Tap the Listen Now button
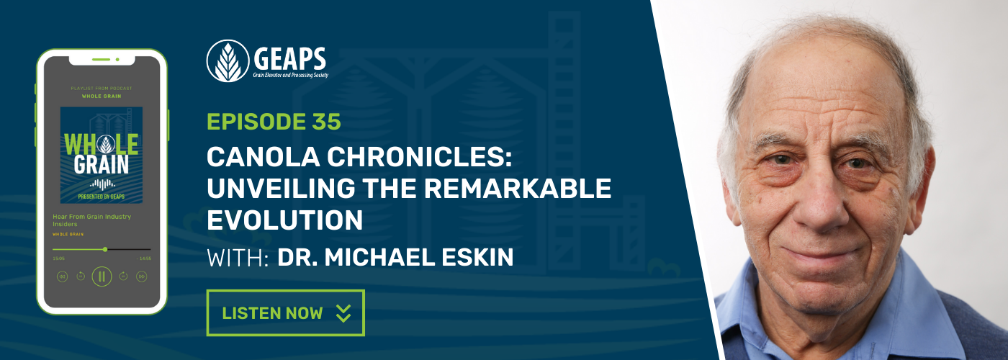point(285,312)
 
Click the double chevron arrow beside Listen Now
point(343,313)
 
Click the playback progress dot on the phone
point(105,249)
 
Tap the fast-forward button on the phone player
point(141,276)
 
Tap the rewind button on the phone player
point(63,276)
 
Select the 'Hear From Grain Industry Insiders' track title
point(91,220)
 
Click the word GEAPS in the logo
point(289,56)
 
